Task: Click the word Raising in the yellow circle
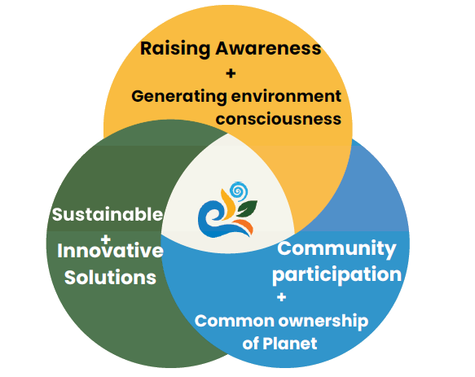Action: [175, 49]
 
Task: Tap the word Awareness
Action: [268, 49]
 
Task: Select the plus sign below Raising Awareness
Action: [231, 73]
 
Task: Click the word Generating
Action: [179, 97]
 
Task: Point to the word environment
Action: [286, 96]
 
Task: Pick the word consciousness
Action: [279, 119]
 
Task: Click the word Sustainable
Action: [108, 214]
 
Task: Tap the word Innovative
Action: [110, 251]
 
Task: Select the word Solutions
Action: [110, 278]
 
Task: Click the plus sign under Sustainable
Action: [106, 239]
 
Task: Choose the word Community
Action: [336, 249]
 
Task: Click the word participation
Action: [336, 275]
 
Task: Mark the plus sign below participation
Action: [281, 297]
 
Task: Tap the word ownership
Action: [323, 322]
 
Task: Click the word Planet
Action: [290, 344]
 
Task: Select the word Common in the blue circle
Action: [235, 321]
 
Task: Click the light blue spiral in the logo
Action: [239, 191]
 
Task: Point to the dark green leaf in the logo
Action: [247, 208]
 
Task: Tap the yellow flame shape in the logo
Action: [229, 204]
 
